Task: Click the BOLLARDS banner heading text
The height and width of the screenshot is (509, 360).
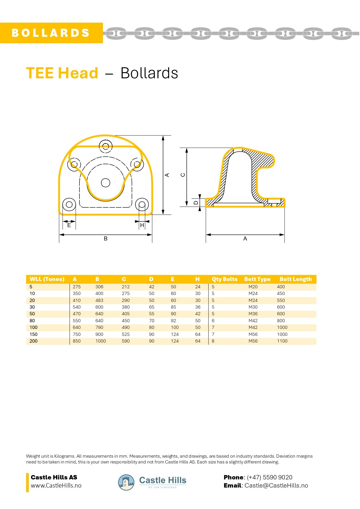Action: (50, 33)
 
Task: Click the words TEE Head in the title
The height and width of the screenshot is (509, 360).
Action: (62, 73)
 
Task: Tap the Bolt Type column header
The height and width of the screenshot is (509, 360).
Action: (257, 279)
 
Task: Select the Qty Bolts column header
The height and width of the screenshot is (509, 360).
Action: (224, 279)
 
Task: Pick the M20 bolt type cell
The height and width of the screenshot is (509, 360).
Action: (253, 287)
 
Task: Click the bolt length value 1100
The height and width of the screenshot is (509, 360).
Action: (282, 341)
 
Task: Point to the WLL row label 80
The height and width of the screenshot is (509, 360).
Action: (32, 321)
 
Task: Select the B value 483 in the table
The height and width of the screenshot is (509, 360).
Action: (99, 300)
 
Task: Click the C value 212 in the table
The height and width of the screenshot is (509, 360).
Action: (126, 287)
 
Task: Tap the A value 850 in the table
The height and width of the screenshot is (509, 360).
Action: (77, 341)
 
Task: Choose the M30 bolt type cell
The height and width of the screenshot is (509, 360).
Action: (253, 307)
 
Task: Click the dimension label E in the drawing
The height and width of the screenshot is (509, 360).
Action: (69, 225)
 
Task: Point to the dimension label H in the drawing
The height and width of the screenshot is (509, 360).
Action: (142, 225)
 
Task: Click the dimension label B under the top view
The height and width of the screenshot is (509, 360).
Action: (106, 239)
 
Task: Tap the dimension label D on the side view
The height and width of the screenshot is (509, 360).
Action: (196, 203)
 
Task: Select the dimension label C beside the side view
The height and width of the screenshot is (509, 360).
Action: (183, 175)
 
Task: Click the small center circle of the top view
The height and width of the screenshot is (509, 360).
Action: (106, 183)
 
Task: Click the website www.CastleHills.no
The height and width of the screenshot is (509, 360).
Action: (56, 486)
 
